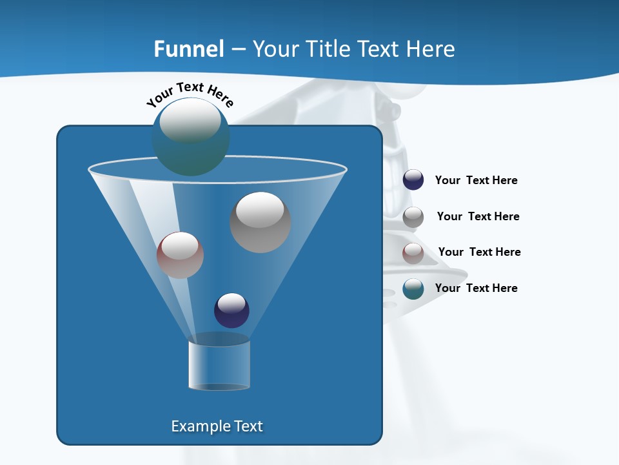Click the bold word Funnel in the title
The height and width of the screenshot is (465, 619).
(x=189, y=49)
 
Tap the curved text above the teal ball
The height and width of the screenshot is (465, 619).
(x=190, y=94)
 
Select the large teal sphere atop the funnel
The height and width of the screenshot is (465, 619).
(x=190, y=137)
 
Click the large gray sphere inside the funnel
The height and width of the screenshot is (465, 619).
(x=260, y=223)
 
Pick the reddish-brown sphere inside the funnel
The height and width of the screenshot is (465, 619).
(x=180, y=255)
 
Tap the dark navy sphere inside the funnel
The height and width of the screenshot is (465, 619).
(x=231, y=310)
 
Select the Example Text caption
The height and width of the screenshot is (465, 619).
(x=217, y=426)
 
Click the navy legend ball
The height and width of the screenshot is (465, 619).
(x=413, y=180)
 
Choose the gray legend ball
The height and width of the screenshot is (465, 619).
(x=413, y=217)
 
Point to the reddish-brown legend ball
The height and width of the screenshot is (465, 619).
(x=413, y=253)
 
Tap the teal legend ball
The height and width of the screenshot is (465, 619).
(x=413, y=289)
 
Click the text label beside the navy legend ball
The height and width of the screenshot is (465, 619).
(x=476, y=180)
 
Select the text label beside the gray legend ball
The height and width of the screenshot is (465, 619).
(x=478, y=216)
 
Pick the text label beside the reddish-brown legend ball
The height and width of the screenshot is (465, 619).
(x=479, y=252)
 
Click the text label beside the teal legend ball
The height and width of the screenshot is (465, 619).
(x=476, y=288)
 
